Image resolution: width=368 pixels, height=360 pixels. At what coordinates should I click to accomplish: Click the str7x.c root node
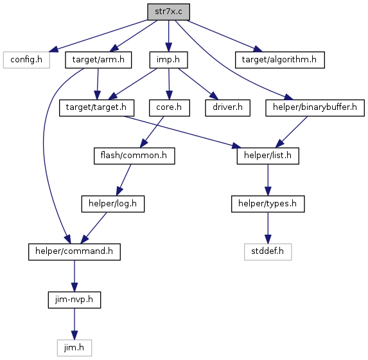168,12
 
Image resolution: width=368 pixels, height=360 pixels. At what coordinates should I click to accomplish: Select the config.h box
26,60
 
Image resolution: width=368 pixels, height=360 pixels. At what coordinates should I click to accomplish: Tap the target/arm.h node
98,60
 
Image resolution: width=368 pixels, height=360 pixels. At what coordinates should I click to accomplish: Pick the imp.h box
168,60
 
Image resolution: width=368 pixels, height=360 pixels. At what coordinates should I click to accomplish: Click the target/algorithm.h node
280,60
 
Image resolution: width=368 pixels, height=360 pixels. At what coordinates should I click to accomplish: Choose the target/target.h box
97,108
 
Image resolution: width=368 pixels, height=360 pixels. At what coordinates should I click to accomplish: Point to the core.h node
169,108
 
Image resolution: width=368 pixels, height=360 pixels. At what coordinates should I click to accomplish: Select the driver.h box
227,108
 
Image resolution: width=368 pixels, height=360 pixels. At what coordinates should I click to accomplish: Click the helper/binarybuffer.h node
315,108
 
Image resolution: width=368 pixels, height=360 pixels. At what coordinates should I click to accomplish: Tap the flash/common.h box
134,156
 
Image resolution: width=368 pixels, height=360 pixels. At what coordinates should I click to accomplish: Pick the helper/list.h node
268,156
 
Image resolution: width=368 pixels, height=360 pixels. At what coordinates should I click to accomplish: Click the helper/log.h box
113,204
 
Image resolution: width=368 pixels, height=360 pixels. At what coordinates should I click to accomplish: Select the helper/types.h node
268,204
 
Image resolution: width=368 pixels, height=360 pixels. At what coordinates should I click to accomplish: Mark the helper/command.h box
74,252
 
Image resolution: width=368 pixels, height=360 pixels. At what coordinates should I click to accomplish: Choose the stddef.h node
268,252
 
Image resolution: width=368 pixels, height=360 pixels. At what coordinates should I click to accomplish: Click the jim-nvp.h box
74,300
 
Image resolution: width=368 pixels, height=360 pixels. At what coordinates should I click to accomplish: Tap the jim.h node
74,348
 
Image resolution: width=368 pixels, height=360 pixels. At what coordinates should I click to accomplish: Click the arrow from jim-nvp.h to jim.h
74,324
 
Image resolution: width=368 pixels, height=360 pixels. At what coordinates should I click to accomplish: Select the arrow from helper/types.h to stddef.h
268,228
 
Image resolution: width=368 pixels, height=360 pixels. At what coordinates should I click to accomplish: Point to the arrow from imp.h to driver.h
198,84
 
